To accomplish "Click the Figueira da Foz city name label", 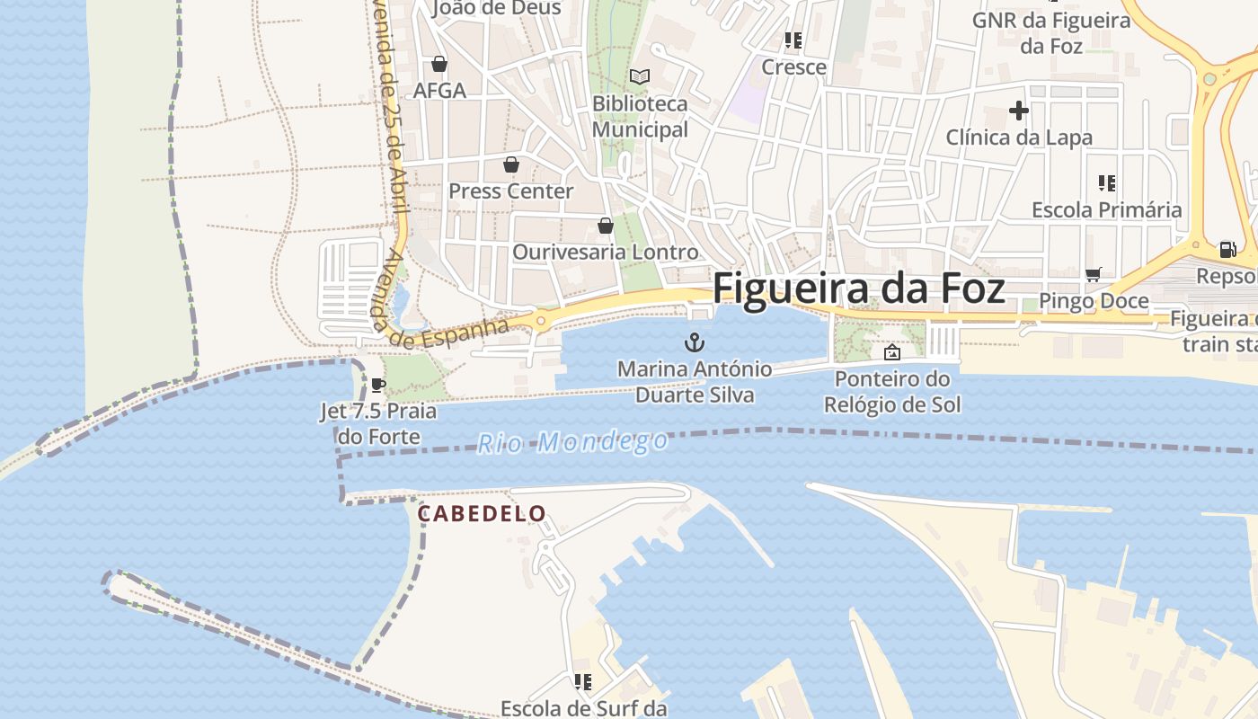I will pos(858,289).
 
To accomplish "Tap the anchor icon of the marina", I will pos(694,342).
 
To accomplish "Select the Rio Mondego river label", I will pos(572,442).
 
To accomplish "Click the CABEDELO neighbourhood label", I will pos(482,514).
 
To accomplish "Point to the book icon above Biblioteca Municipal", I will pos(639,77).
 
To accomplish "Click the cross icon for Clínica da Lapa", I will pos(1018,111).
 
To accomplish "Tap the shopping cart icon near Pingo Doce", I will pos(1093,274).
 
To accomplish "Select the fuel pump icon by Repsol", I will pos(1227,250).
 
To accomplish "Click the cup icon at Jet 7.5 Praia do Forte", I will pos(378,386).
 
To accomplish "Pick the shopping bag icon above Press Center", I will pos(510,164).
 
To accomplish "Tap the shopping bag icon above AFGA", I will pos(439,64).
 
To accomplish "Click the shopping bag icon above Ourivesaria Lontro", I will pos(606,226).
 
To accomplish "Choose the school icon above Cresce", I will pos(793,40).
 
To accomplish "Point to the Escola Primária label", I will pos(1106,210).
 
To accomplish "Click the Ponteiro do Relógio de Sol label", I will pos(892,392).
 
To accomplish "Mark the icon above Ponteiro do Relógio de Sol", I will pos(891,352).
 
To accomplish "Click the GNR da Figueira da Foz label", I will pos(1051,32).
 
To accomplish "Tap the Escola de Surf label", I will pos(583,708).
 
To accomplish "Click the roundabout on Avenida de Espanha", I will pos(541,320).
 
